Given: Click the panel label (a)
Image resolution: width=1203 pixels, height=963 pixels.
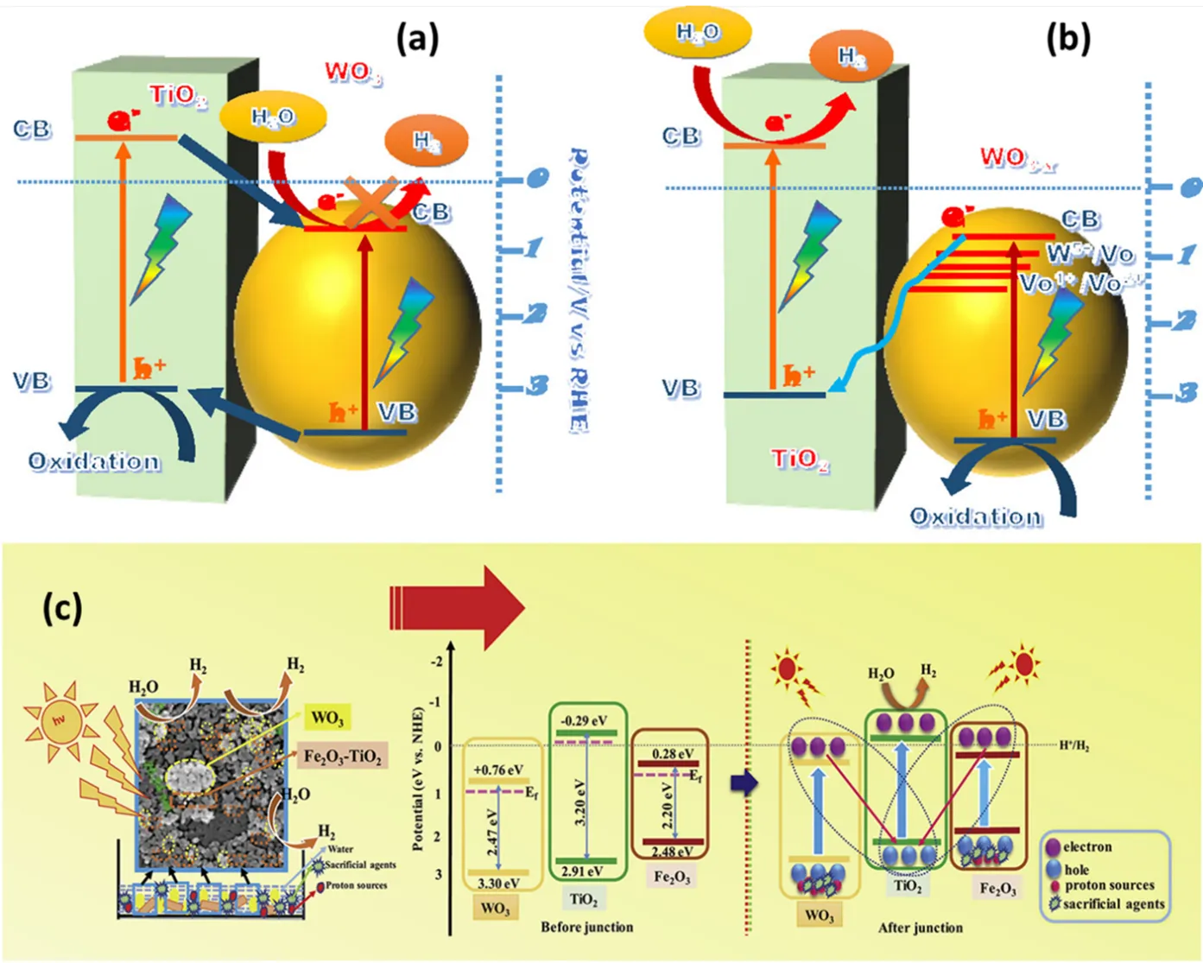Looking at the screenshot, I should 417,39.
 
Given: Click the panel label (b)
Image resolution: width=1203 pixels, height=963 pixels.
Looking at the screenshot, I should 1067,39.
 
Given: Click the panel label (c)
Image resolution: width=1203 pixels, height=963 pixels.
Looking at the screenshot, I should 62,609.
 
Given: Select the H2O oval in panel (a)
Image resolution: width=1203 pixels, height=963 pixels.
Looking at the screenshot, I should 273,117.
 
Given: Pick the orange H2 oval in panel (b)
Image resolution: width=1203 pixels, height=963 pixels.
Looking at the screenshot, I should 851,57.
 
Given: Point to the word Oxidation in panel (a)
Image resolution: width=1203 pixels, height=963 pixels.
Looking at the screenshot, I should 94,461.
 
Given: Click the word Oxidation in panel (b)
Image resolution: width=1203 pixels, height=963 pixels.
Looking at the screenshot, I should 976,516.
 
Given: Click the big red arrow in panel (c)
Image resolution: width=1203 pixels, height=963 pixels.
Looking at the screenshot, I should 458,607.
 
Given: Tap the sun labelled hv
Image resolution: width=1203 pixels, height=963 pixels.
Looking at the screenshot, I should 60,722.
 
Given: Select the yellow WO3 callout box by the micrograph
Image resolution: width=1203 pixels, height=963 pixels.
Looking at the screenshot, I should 326,718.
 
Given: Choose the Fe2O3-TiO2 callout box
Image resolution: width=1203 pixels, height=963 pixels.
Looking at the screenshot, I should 342,757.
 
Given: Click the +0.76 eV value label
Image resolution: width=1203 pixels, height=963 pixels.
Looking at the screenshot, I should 499,770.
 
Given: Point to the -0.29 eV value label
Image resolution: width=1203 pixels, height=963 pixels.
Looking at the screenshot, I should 585,720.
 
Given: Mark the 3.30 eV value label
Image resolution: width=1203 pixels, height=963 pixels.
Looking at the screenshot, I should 498,884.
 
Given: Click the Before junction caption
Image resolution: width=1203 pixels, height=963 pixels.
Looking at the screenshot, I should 586,927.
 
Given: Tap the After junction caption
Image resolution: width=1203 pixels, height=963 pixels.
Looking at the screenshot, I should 920,928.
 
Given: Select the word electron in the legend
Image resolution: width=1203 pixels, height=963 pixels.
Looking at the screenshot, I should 1087,847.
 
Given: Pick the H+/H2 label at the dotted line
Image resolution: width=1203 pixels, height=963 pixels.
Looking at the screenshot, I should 1074,745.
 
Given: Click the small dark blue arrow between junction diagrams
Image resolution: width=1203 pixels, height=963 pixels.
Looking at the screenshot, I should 744,783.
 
